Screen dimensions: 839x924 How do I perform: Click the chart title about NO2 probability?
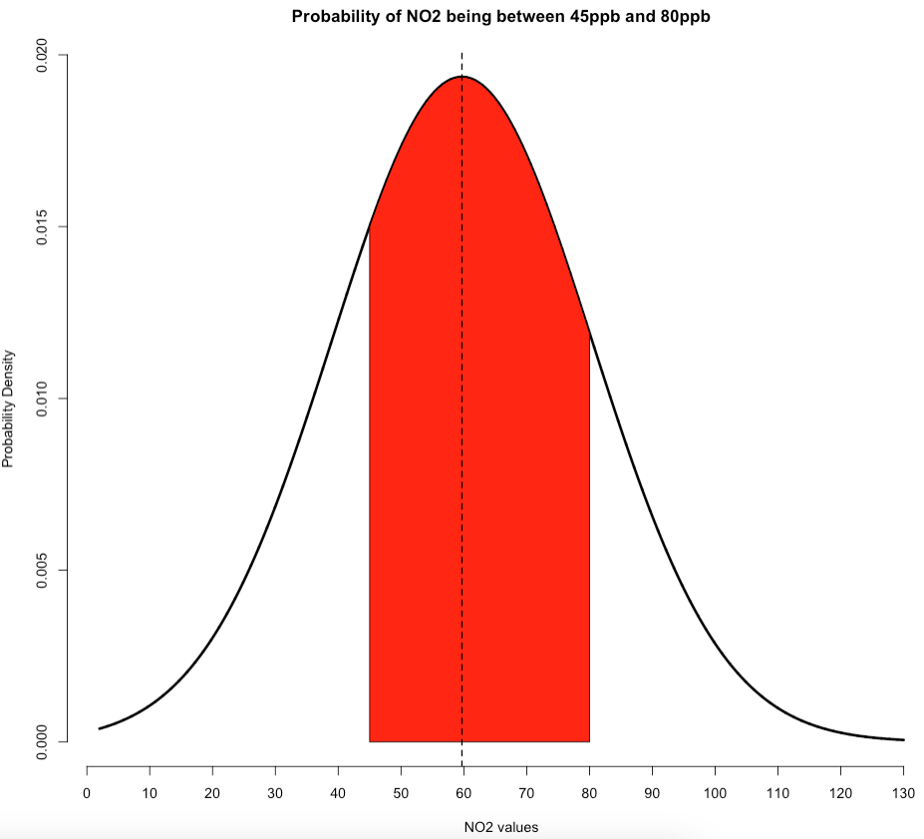[500, 17]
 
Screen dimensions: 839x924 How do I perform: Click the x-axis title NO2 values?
[500, 826]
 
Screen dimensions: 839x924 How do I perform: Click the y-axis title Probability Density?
[9, 408]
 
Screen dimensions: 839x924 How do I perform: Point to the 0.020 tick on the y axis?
[43, 56]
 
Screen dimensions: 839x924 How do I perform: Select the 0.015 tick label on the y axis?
[43, 227]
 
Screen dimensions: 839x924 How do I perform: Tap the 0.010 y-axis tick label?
[43, 399]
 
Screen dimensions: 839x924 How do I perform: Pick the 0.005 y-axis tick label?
[43, 570]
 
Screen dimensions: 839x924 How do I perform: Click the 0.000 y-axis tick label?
[43, 741]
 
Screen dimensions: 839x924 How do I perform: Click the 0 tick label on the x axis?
[87, 793]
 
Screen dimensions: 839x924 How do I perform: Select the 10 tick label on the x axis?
[150, 793]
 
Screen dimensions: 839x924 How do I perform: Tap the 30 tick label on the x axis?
[275, 793]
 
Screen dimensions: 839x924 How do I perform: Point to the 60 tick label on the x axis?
[463, 793]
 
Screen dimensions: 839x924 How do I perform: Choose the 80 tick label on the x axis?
[589, 793]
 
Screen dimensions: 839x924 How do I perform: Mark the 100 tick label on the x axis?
[715, 793]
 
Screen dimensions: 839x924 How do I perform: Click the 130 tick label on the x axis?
[903, 793]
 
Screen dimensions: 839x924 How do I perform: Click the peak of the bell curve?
[462, 77]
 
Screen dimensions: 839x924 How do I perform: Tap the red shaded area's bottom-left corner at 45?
[370, 741]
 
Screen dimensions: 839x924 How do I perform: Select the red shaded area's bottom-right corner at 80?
[589, 741]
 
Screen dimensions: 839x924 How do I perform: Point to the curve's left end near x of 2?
[100, 728]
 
